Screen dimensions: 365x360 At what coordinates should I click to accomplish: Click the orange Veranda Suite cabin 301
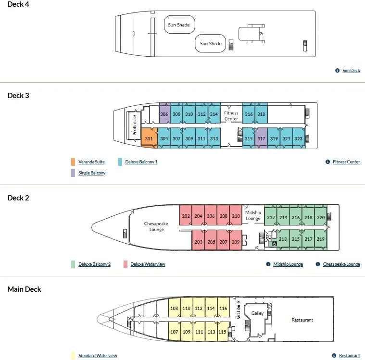149,138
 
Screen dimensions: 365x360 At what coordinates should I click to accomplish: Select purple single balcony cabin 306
164,113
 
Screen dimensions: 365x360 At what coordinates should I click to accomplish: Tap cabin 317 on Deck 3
261,138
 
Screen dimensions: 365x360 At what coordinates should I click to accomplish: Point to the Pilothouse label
134,125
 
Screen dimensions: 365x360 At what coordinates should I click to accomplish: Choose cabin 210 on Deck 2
236,215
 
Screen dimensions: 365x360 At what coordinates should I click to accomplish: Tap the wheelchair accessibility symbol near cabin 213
275,244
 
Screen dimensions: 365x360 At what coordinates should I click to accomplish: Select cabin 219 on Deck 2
321,239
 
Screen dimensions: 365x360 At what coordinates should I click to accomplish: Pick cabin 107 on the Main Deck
174,332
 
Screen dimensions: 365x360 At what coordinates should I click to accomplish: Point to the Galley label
257,313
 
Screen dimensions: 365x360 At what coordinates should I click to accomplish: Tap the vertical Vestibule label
238,310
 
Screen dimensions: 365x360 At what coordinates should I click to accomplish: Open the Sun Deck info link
351,70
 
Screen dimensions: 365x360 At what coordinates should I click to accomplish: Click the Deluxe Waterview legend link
148,264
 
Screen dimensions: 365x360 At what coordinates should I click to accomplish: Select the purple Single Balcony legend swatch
73,173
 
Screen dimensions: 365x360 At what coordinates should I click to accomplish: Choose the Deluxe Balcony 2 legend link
95,264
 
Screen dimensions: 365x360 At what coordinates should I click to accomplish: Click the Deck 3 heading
18,96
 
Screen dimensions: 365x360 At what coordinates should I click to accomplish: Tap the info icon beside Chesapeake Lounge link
318,264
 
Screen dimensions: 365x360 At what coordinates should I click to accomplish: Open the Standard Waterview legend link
98,355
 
